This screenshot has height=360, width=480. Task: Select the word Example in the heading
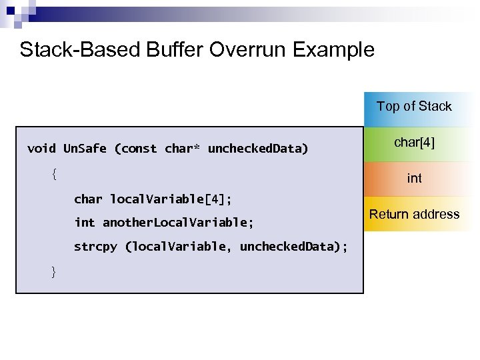(337, 49)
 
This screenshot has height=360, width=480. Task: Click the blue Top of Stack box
(414, 107)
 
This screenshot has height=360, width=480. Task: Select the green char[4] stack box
(414, 142)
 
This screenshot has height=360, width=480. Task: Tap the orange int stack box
(414, 179)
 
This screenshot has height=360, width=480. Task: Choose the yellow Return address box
(414, 214)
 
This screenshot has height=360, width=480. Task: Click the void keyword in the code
(41, 148)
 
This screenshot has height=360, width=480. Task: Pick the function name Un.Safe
(85, 148)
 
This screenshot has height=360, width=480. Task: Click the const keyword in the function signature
(139, 148)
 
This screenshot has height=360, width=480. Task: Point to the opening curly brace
(54, 174)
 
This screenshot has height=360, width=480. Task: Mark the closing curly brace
(54, 271)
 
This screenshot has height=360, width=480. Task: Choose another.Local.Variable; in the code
(178, 222)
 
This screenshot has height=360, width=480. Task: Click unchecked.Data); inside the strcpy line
(293, 247)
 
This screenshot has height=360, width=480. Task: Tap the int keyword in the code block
(84, 222)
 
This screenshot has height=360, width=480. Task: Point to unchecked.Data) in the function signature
(258, 148)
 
